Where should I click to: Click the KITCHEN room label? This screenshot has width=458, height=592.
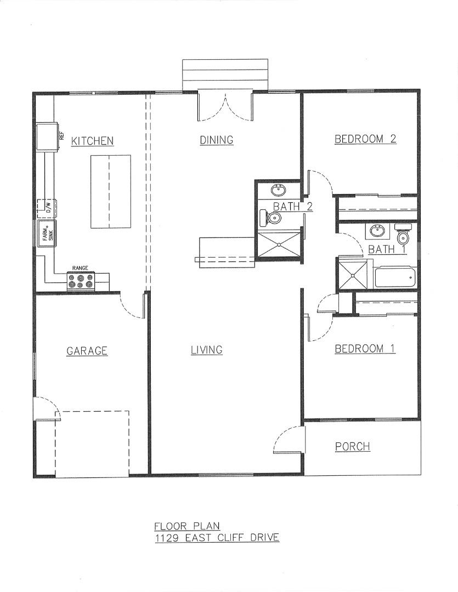click(93, 141)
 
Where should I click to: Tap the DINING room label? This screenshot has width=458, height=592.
click(216, 140)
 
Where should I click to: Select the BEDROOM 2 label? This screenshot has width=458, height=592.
click(365, 139)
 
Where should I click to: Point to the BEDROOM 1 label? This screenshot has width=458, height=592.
click(365, 349)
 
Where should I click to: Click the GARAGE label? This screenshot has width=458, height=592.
click(87, 351)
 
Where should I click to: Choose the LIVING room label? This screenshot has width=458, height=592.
click(206, 350)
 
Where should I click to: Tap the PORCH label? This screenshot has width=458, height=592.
click(352, 447)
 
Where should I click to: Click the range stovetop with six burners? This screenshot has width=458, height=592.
click(81, 281)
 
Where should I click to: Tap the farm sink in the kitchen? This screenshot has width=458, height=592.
click(47, 235)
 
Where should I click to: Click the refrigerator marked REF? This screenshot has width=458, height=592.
click(47, 136)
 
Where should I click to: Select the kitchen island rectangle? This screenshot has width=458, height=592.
click(110, 191)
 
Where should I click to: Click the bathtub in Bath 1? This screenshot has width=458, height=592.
click(395, 278)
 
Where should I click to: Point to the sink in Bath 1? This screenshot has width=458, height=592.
click(377, 231)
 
